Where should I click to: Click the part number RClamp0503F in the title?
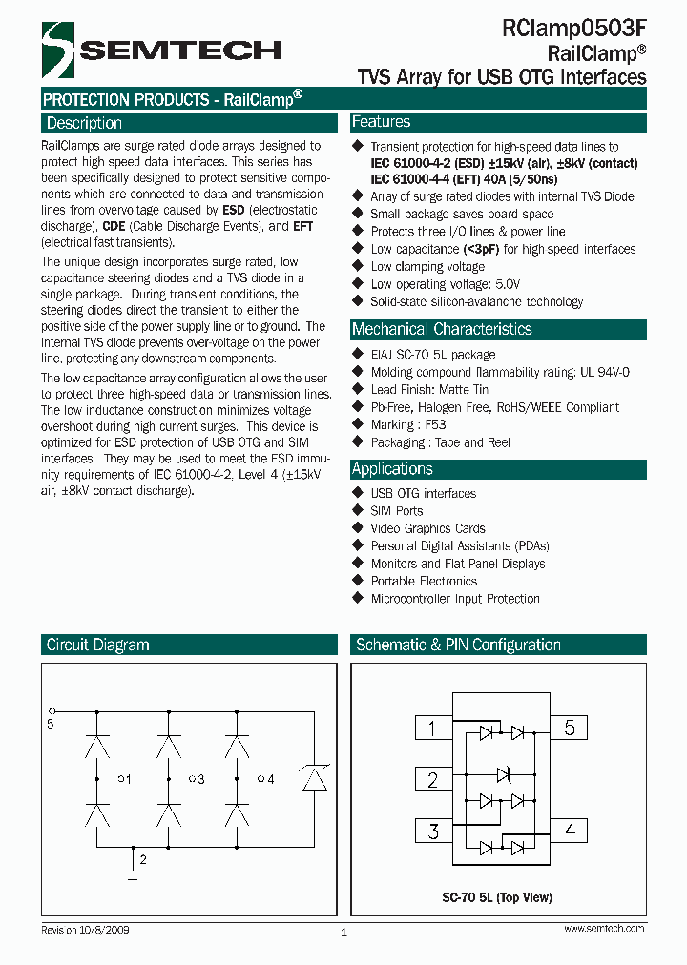click(573, 31)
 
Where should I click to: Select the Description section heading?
click(85, 123)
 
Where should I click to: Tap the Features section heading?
click(382, 122)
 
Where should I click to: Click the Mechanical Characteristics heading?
click(442, 329)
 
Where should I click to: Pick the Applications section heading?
click(392, 469)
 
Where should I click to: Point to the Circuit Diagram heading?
click(98, 645)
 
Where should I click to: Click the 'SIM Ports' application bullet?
click(396, 511)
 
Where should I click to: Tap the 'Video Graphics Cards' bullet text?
click(427, 528)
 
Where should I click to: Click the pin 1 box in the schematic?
click(432, 729)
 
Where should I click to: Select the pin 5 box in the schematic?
click(570, 729)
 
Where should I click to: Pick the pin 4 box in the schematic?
click(570, 831)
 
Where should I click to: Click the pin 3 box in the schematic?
click(432, 831)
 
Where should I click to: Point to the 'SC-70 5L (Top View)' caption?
click(496, 897)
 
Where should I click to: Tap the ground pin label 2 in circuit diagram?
click(143, 860)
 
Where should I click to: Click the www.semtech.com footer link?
click(604, 929)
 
